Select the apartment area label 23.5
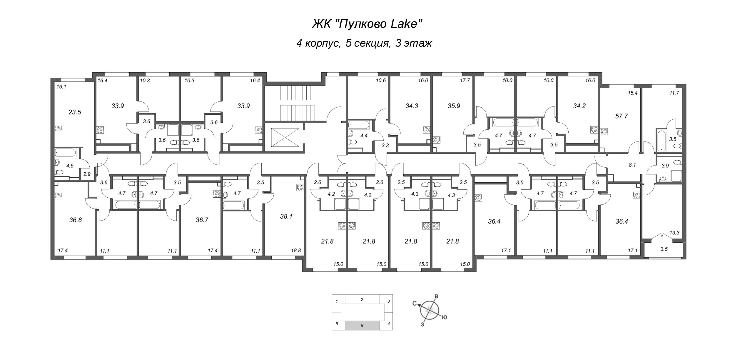[75, 112]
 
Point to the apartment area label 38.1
[286, 216]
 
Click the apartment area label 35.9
[454, 106]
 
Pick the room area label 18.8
[295, 251]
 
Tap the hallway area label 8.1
[632, 165]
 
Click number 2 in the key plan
[362, 300]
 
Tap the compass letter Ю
[445, 317]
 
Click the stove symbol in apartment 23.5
[59, 129]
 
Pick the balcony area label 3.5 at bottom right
[664, 249]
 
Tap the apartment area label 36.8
[76, 220]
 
